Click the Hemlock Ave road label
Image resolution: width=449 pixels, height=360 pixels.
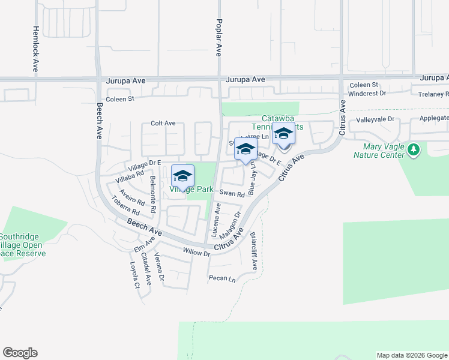pos(35,49)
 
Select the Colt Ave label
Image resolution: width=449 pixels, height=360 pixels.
pos(163,123)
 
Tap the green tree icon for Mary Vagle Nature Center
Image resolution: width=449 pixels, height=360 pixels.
pos(413,149)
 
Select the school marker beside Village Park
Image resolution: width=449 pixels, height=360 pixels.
pos(182,176)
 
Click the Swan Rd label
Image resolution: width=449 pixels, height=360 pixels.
pos(232,193)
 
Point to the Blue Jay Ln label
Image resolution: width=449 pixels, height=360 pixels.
pos(253,178)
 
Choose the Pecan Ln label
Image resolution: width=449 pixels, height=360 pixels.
pos(222,278)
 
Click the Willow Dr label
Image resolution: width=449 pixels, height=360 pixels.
pos(197,253)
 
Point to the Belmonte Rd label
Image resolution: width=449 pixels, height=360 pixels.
pos(153,196)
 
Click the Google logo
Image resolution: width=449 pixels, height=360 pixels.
pos(20,353)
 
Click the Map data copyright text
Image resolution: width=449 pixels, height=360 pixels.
pos(411,355)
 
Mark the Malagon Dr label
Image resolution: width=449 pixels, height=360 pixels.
pos(231,224)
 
